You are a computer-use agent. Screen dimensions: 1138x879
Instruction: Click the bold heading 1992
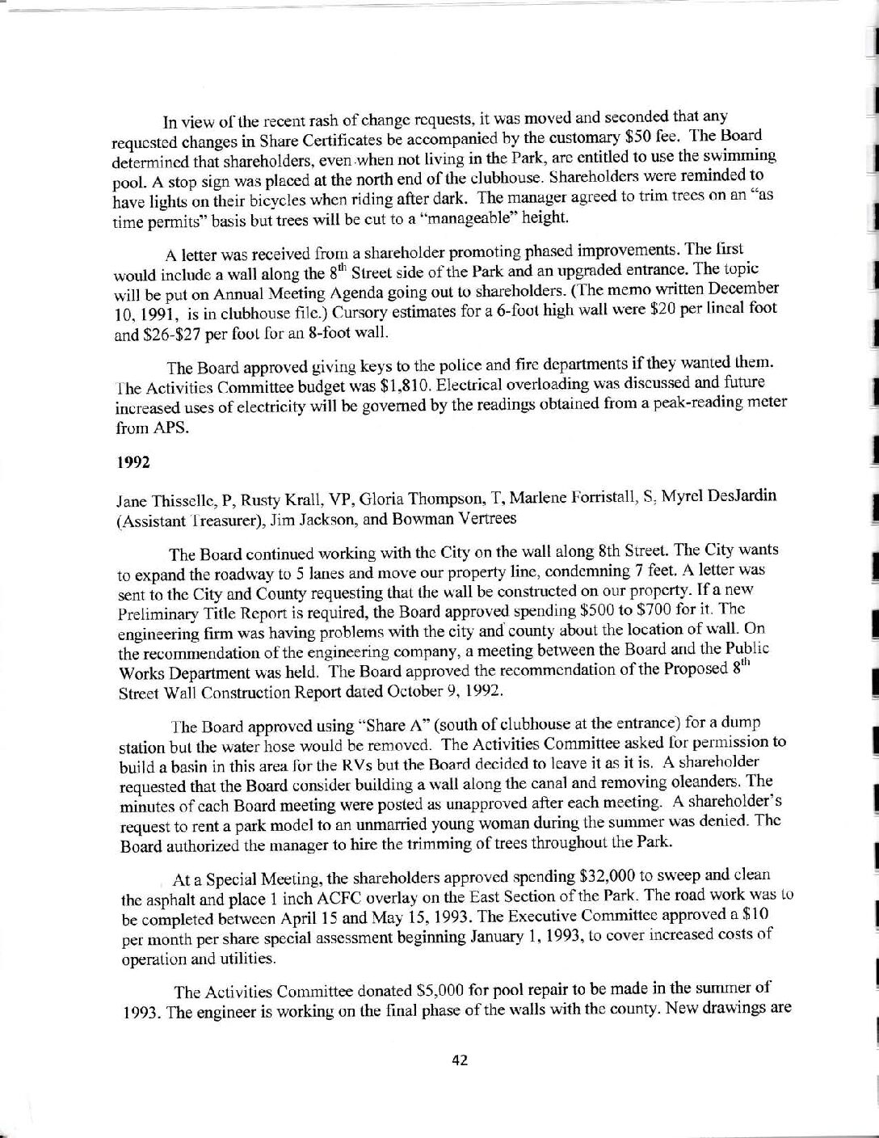[x=131, y=464]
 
